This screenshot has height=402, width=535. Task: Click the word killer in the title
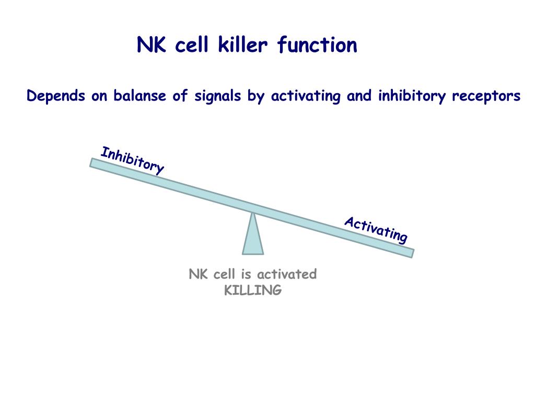243,45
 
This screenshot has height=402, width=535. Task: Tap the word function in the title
317,45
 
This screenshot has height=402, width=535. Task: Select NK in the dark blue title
152,45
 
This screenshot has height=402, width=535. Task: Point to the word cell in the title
191,45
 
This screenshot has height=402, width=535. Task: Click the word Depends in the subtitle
55,96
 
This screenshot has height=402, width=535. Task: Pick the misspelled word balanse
139,95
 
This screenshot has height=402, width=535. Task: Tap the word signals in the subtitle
218,96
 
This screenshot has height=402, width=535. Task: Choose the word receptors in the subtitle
486,97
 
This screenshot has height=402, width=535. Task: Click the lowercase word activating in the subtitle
306,97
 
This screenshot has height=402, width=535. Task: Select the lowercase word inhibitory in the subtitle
412,97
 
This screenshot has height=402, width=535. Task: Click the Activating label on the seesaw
376,230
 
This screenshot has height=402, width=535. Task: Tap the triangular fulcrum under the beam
253,234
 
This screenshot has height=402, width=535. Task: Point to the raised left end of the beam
91,162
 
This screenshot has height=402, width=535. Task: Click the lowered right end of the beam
413,253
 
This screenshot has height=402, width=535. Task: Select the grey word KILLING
253,291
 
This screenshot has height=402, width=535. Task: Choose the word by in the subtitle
256,97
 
